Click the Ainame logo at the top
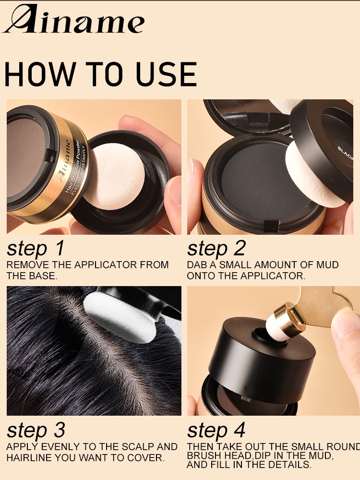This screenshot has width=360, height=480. pos(73,19)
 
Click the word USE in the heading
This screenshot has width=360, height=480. pos(166,74)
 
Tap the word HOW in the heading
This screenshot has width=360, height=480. pos(40,74)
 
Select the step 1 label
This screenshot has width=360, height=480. pos(36,248)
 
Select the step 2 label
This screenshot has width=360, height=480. pos(216,248)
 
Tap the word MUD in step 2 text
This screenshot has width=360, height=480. pos(327,265)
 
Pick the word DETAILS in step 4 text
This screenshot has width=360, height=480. pos(289,464)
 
